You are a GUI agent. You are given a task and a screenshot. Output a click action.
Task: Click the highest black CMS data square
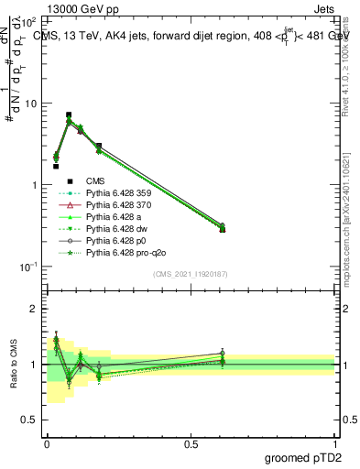pyautogui.click(x=69, y=115)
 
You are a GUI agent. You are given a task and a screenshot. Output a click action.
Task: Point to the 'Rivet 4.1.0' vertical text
pyautogui.click(x=351, y=64)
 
